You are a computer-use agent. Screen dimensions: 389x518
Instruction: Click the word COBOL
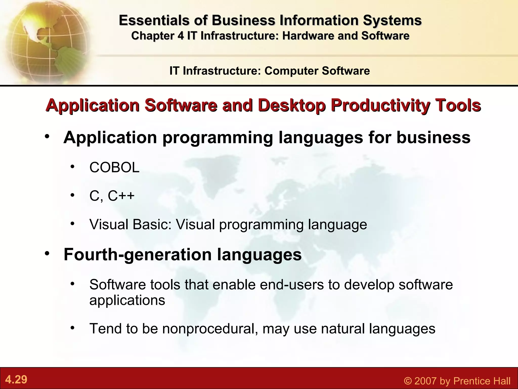point(114,167)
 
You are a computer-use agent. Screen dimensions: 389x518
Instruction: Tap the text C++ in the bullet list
point(121,196)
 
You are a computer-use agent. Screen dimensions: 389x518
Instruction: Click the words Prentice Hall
point(482,381)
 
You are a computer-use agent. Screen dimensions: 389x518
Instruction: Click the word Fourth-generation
point(138,254)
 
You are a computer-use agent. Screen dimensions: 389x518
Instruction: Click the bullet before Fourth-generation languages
point(47,253)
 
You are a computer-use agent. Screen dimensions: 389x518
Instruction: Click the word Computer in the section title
point(291,71)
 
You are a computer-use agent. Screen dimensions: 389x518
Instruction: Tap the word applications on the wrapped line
point(127,301)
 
